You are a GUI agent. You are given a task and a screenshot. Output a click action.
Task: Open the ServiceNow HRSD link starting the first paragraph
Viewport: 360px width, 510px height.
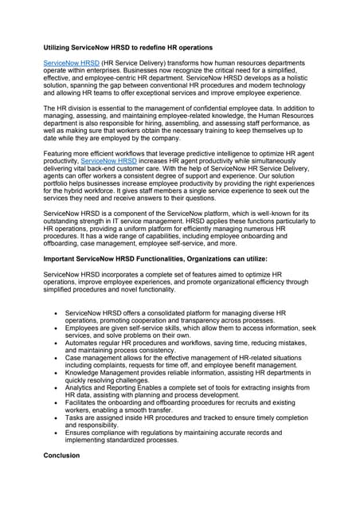pyautogui.click(x=71, y=61)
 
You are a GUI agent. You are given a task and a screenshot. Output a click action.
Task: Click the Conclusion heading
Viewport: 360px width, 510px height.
pyautogui.click(x=61, y=456)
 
